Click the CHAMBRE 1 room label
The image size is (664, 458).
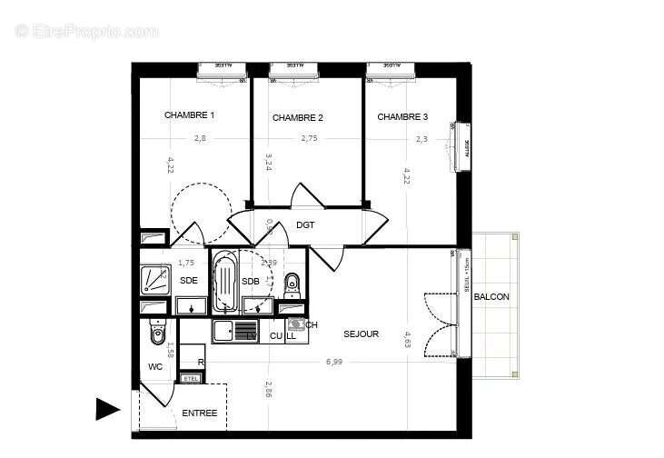point(189,115)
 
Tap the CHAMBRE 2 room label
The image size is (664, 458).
point(298,117)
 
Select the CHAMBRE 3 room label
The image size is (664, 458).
point(402,116)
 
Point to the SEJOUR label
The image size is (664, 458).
point(362,334)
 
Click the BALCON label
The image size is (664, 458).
point(491,297)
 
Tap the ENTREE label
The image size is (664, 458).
point(200,413)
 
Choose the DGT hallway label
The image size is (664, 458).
point(305,224)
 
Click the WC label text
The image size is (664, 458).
point(155,367)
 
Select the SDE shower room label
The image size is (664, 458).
point(189,281)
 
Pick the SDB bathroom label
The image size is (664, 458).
point(251,281)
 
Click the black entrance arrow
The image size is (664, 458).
point(107,410)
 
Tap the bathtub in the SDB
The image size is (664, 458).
point(224,279)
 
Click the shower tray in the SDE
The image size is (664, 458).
point(154,281)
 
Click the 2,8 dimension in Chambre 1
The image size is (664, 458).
point(199,138)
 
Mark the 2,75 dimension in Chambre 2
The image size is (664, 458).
point(310,138)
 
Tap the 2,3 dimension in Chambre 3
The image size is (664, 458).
point(421,139)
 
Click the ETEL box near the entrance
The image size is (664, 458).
point(190,378)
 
